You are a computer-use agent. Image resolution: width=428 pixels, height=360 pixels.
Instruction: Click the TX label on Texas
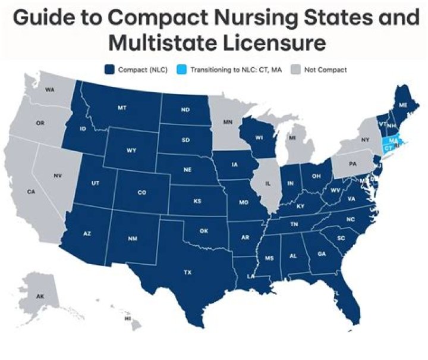coord(187,272)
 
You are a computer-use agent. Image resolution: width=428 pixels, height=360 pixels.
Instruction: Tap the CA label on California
coord(30,192)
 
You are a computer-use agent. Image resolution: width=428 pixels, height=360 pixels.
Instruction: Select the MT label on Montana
coord(122,108)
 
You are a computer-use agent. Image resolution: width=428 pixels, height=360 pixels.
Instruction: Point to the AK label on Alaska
coord(40,296)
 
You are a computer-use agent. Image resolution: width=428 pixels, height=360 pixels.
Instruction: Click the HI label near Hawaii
coord(127,318)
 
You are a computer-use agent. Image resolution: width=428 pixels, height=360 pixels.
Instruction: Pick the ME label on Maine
coord(402,104)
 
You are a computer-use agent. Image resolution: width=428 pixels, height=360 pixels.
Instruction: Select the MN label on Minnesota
coord(227,122)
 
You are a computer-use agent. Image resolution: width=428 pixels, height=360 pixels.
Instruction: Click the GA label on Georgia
coord(322,253)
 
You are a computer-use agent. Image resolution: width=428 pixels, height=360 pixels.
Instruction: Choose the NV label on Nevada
coord(57,176)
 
